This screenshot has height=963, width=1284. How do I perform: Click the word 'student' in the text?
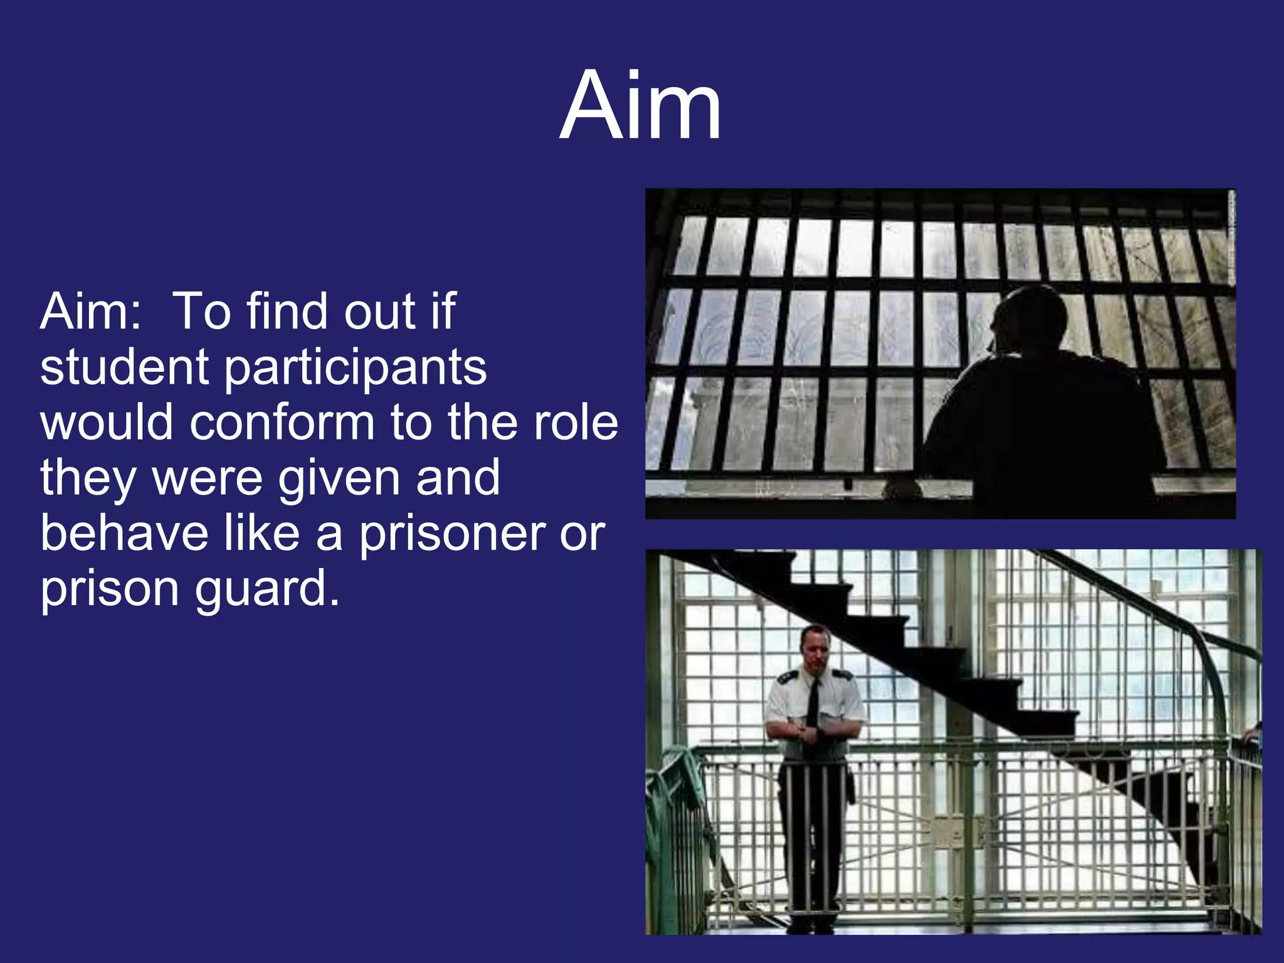(124, 367)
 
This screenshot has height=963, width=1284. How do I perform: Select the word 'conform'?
(282, 422)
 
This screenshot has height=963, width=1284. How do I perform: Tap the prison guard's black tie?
(813, 702)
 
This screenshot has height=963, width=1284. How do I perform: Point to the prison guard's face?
(816, 648)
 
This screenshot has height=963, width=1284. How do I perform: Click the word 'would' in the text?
(107, 422)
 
